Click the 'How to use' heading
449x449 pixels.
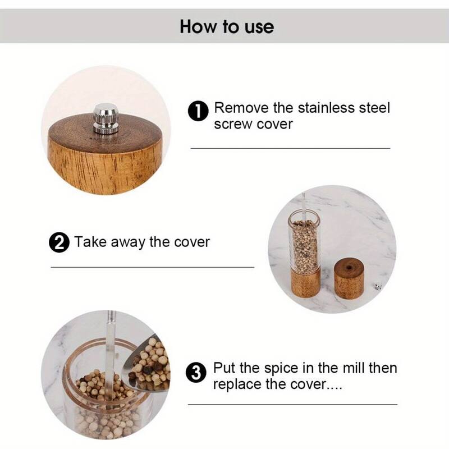click(227, 26)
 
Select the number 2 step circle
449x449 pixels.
click(59, 243)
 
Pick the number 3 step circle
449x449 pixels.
click(196, 373)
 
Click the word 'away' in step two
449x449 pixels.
click(126, 242)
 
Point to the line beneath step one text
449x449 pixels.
click(290, 148)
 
